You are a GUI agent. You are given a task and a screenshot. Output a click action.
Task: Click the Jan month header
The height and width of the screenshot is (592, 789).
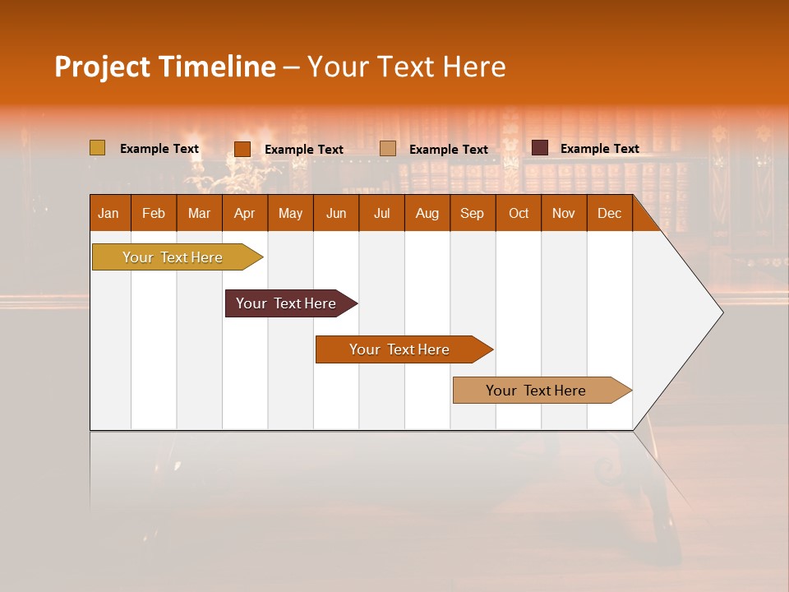(x=109, y=213)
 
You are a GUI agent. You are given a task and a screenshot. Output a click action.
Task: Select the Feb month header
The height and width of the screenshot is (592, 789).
(x=154, y=213)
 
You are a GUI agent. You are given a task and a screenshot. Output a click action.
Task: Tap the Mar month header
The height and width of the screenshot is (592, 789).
(x=199, y=213)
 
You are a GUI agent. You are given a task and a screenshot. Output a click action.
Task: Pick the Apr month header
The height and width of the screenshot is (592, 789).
(x=245, y=213)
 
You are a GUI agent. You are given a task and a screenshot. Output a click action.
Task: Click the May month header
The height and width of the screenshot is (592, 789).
(x=290, y=213)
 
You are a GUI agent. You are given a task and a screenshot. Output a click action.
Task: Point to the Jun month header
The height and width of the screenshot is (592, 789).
(x=336, y=213)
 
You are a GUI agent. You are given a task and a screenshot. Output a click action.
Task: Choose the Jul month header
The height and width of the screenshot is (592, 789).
(x=381, y=213)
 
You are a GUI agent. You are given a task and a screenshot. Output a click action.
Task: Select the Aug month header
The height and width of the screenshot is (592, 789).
(x=427, y=213)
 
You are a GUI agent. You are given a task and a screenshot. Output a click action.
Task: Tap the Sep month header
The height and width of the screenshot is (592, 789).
(x=473, y=213)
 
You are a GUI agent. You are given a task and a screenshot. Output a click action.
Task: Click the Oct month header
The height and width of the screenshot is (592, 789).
(x=519, y=213)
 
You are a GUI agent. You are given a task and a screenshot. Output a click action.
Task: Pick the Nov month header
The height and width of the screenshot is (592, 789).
(x=564, y=213)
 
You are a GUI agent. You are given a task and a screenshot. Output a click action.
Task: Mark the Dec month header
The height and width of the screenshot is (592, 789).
(x=610, y=213)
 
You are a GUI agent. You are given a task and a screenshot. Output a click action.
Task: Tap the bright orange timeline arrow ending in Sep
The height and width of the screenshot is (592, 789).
(x=400, y=349)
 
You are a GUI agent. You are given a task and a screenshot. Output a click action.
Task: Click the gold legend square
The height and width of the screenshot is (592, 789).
(x=97, y=148)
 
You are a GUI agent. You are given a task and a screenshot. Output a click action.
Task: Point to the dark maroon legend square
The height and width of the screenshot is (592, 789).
(x=539, y=148)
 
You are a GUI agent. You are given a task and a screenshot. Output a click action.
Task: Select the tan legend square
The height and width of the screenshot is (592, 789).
(x=388, y=149)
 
